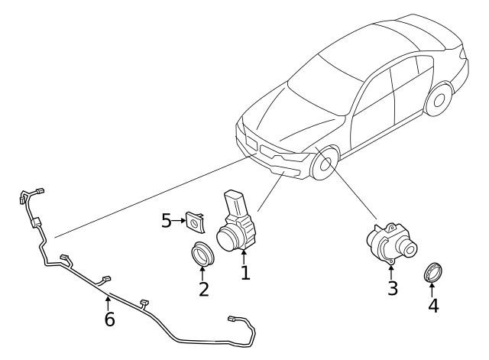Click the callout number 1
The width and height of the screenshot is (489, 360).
click(x=245, y=273)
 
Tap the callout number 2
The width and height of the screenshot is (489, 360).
click(x=204, y=289)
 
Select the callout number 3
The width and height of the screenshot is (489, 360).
click(x=393, y=288)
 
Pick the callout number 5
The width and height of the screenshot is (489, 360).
click(x=167, y=221)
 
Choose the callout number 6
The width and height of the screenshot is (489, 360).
click(x=109, y=319)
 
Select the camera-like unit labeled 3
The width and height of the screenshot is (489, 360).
click(x=392, y=244)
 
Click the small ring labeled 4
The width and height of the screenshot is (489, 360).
click(x=433, y=272)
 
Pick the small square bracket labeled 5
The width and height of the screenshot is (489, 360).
click(x=196, y=222)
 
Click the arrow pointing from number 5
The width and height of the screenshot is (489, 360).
click(x=179, y=221)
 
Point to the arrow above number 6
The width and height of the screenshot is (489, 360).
click(x=108, y=303)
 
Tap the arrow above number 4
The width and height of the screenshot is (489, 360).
click(x=432, y=289)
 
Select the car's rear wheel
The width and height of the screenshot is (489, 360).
click(x=439, y=99)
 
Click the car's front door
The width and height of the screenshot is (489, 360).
click(x=373, y=110)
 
